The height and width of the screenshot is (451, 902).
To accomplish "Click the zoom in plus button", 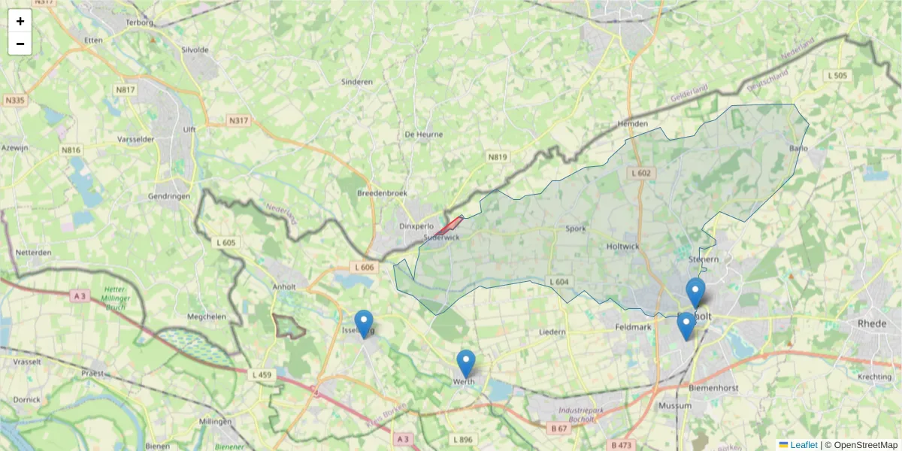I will [20, 21].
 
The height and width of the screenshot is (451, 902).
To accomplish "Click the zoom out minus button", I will [20, 44].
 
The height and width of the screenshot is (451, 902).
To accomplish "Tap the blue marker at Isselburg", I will [364, 324].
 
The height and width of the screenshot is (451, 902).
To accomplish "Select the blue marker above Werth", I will [466, 364].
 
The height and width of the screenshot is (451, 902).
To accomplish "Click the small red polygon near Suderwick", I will [450, 224].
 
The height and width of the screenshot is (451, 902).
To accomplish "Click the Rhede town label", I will [873, 323].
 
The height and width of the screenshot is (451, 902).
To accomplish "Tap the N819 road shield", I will [498, 157].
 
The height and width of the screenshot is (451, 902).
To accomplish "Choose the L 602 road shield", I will [641, 173].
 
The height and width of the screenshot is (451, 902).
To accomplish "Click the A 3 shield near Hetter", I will [80, 296].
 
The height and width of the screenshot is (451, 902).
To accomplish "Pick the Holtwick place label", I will [622, 245].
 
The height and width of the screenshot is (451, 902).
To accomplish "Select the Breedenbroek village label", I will [383, 193].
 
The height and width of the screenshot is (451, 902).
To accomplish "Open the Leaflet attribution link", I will [803, 445].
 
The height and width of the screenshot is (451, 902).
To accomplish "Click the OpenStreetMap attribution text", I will [864, 445].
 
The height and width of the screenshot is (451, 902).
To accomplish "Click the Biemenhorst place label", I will [713, 388].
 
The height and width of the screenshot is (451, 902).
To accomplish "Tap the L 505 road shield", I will [837, 75].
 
